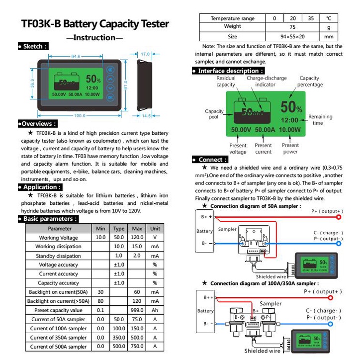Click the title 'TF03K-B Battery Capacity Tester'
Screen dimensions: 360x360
click(x=95, y=24)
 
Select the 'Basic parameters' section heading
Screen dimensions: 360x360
click(x=49, y=219)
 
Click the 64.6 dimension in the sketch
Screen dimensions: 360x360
click(x=76, y=57)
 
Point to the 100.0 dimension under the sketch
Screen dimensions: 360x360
click(x=80, y=116)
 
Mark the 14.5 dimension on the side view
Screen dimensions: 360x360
click(x=146, y=115)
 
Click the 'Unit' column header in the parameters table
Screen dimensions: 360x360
click(x=155, y=229)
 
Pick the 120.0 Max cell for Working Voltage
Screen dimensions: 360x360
click(x=137, y=238)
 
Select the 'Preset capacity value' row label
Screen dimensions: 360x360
click(x=58, y=310)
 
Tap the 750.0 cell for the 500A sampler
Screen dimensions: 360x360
click(x=137, y=347)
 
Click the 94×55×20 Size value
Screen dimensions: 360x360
click(x=292, y=36)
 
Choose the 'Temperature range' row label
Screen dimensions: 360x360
click(x=232, y=18)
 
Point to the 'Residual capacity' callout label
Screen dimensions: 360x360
click(x=226, y=82)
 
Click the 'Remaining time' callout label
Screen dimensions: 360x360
click(x=320, y=120)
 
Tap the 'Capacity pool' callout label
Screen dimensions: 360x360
click(x=214, y=114)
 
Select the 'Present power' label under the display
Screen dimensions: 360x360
click(x=290, y=149)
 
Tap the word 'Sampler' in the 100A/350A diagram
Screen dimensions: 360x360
click(x=270, y=303)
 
